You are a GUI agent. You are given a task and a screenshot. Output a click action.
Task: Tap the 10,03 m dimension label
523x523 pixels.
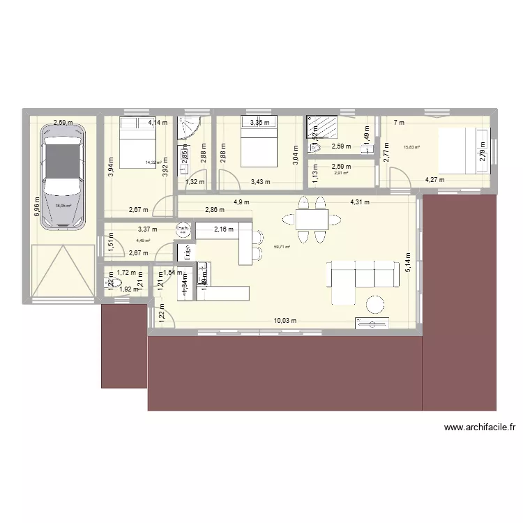click(x=285, y=321)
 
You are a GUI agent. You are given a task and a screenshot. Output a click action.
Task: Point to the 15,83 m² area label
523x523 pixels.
click(x=411, y=147)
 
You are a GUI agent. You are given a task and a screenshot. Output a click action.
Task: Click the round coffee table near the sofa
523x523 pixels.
click(x=376, y=304)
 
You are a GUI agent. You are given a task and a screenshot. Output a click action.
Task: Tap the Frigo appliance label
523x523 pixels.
click(x=185, y=252)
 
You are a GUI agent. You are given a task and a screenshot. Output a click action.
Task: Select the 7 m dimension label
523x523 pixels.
click(x=398, y=123)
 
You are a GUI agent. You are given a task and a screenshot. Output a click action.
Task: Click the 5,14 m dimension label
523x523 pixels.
click(x=410, y=264)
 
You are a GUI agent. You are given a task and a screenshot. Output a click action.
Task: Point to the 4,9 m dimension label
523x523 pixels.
click(x=242, y=202)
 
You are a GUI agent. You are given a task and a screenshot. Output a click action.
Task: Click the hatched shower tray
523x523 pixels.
click(x=322, y=128)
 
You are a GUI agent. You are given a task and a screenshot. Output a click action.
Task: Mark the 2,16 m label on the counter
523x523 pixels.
click(x=224, y=228)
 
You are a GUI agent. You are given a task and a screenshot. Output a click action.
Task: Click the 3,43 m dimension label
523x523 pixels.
click(x=261, y=182)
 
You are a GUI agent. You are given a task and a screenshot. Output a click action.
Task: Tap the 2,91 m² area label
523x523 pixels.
click(x=341, y=173)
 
